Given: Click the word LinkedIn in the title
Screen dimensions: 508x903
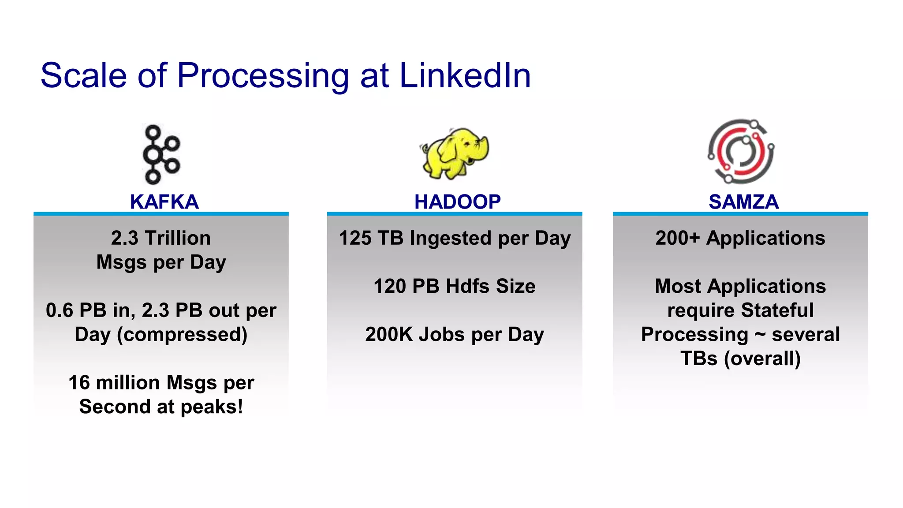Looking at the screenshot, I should pyautogui.click(x=465, y=75).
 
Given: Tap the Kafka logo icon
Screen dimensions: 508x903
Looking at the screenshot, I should pyautogui.click(x=161, y=154).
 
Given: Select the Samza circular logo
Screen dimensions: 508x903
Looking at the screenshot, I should pyautogui.click(x=741, y=151).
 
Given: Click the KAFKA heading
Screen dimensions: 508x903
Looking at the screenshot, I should pyautogui.click(x=164, y=202).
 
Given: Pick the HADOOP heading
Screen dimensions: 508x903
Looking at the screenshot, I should pyautogui.click(x=457, y=202).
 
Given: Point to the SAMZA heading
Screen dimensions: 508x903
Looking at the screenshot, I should pyautogui.click(x=743, y=202).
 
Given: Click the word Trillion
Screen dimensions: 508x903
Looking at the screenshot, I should pyautogui.click(x=178, y=238).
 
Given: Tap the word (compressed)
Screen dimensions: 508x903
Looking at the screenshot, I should pyautogui.click(x=182, y=334).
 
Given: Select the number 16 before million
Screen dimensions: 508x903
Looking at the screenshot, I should pyautogui.click(x=79, y=382).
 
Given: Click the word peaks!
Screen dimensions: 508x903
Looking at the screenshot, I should pyautogui.click(x=212, y=407).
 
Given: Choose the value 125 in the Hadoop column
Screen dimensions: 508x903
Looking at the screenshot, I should pyautogui.click(x=355, y=238).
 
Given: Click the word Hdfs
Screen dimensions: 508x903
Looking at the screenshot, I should pyautogui.click(x=467, y=286).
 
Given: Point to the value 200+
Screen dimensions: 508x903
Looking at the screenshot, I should pyautogui.click(x=677, y=238).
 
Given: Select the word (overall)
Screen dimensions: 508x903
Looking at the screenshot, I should pyautogui.click(x=762, y=359).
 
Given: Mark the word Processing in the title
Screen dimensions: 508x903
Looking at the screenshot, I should pyautogui.click(x=263, y=75).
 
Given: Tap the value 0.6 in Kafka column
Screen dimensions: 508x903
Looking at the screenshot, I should pyautogui.click(x=60, y=310).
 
